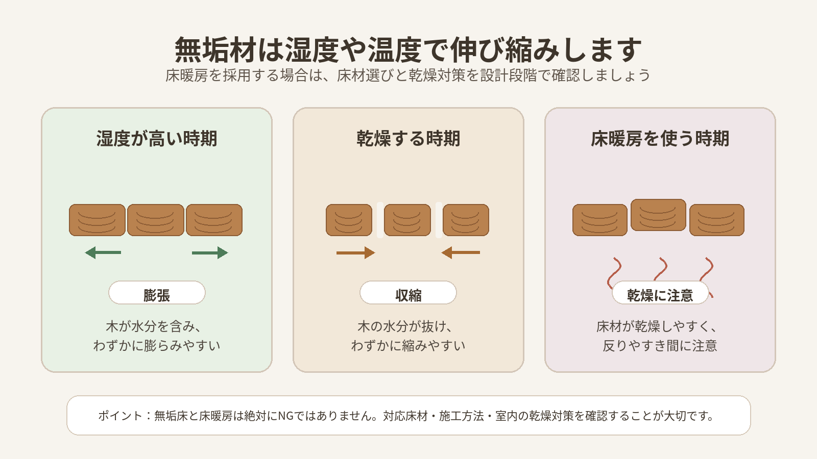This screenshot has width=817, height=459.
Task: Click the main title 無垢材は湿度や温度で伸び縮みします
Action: pos(408,50)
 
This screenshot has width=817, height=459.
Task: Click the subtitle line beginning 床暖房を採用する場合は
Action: pos(408,75)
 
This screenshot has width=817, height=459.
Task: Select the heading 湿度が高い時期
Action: pos(157,139)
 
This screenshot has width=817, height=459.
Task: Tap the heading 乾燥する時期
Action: pos(408,139)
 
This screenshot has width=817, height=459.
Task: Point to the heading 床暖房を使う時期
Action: pos(660,139)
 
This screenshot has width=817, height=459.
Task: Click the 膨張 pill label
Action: pos(157,293)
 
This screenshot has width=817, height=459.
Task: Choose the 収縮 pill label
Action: pos(408,293)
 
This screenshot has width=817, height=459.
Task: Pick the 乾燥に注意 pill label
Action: pos(660,293)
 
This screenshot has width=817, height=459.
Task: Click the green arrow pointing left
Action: pos(103,252)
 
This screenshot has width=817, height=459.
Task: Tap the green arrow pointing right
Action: pos(210,252)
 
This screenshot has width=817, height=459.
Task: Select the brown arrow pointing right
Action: pos(355,252)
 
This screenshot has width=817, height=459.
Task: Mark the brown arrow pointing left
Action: pos(461,252)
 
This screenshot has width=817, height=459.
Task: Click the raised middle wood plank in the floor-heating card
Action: pos(658,215)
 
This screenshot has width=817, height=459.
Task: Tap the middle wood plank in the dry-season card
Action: pos(407,220)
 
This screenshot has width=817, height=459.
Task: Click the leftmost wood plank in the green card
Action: pos(97,220)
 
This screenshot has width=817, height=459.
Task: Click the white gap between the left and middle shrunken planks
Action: pos(380,220)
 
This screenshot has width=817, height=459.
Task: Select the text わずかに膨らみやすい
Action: pos(157,346)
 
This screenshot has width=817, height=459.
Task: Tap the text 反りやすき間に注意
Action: pos(660,346)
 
